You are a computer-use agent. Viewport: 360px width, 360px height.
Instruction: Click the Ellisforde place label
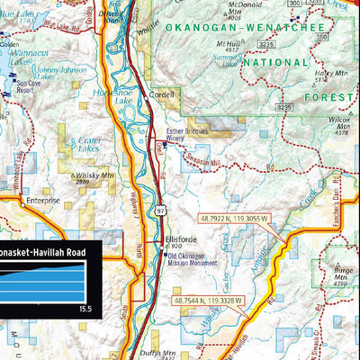(180, 239)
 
